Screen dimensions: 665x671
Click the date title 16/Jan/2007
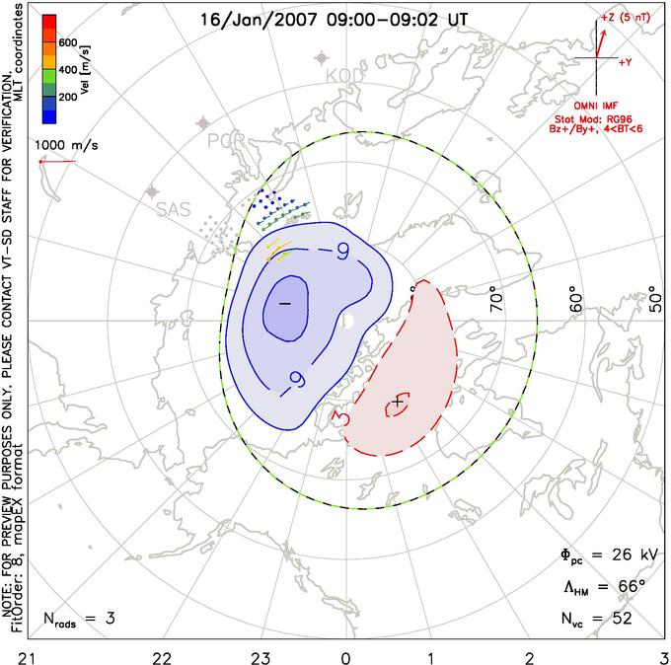pos(252,19)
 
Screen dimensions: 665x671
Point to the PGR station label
pos(224,140)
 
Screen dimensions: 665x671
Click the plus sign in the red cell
pos(398,402)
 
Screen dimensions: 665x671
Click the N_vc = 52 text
pos(594,619)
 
